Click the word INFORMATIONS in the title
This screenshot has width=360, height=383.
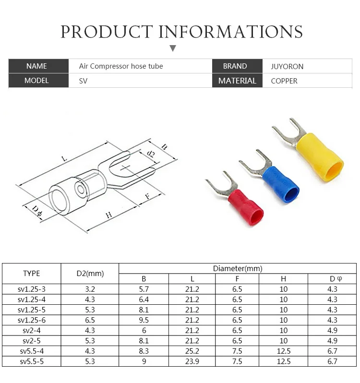[231, 32]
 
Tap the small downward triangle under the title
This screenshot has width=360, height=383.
[173, 48]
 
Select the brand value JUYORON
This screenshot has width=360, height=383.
[287, 66]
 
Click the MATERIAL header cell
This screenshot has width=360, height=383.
[237, 81]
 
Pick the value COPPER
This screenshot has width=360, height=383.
[284, 81]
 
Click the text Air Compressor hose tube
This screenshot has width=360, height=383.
[121, 66]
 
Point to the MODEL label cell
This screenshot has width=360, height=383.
[36, 81]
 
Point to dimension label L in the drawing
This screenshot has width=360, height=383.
[64, 159]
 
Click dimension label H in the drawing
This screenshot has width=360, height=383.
[108, 215]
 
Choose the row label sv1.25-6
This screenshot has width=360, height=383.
[32, 320]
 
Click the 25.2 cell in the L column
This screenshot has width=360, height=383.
[192, 351]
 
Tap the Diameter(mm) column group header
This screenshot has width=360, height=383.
[238, 268]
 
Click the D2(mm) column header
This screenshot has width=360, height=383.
[90, 274]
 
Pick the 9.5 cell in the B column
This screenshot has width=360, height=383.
[144, 320]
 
